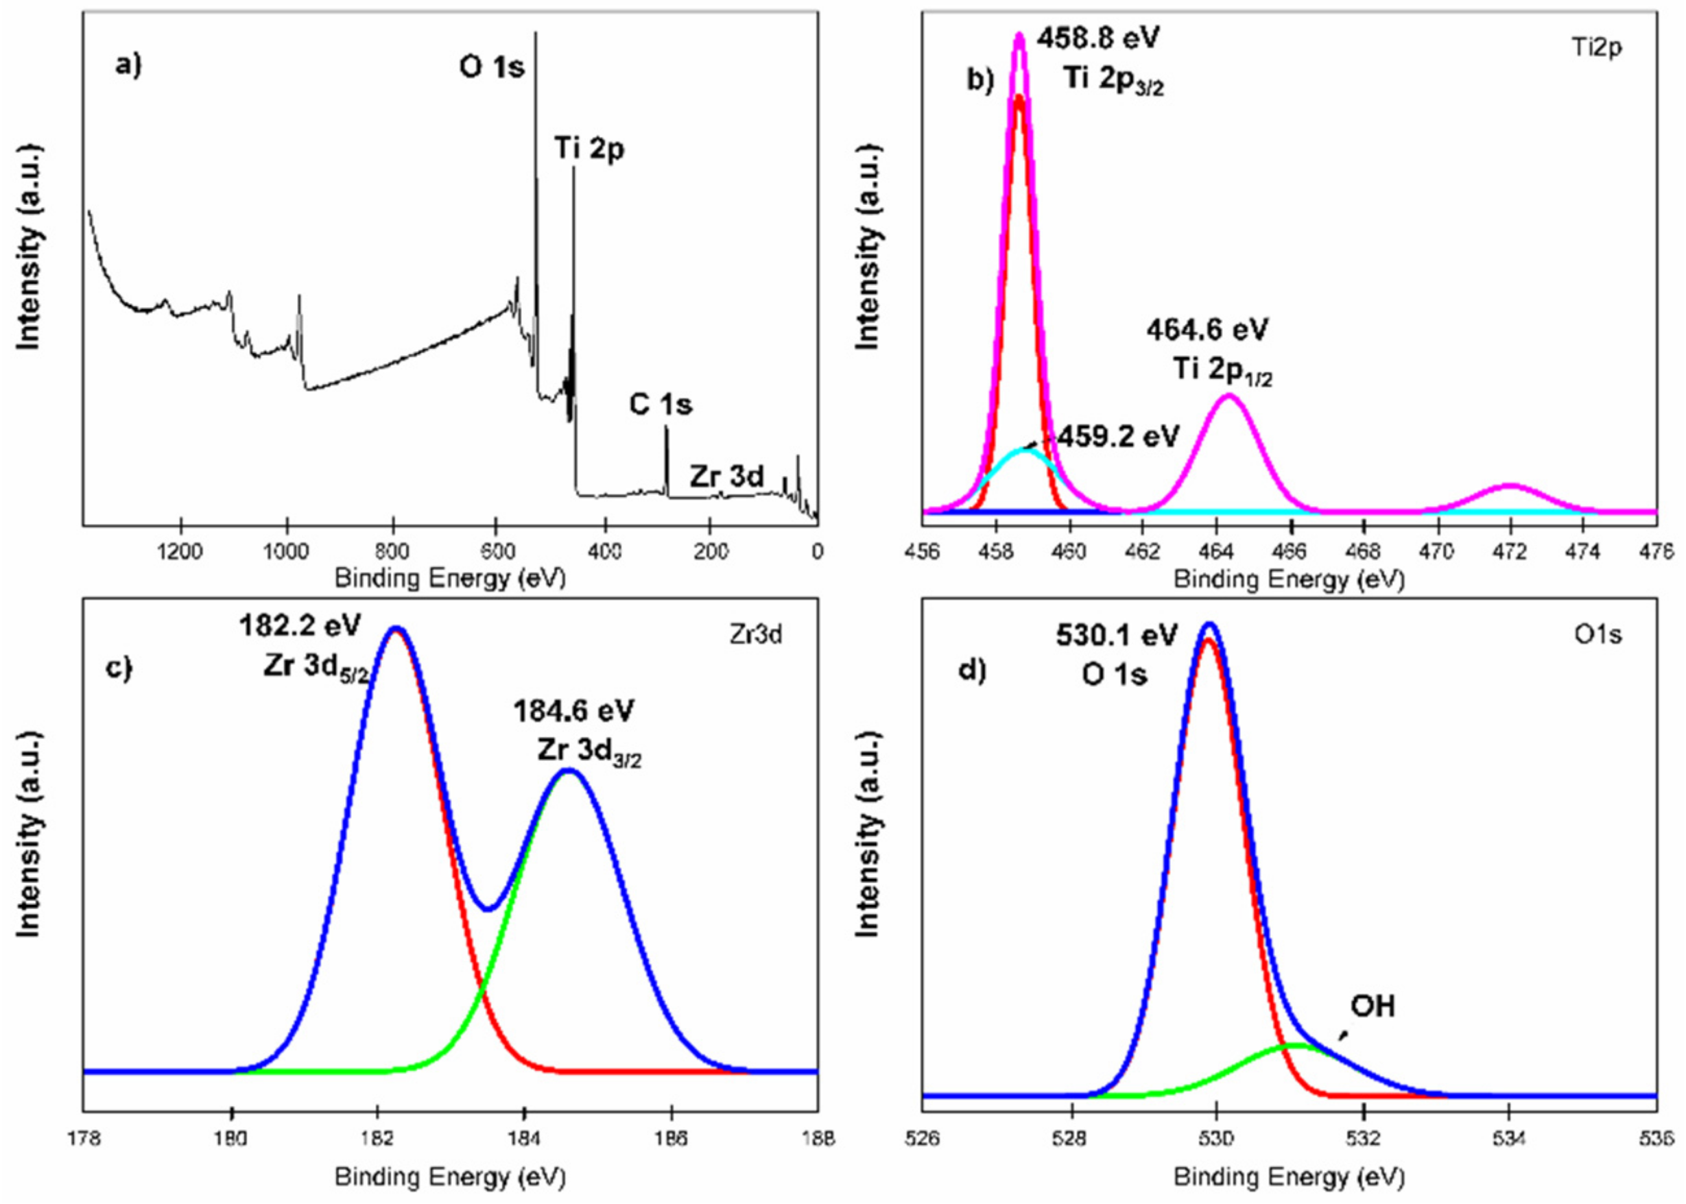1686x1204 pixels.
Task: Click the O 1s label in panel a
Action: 491,68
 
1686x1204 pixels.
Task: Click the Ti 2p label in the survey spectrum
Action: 590,149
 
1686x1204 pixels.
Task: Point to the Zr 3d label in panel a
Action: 726,477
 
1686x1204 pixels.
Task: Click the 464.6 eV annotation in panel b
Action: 1207,329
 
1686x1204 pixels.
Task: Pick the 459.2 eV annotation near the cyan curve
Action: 1118,437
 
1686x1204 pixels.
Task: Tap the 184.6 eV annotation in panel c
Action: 573,712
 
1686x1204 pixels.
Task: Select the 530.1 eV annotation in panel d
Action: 1116,636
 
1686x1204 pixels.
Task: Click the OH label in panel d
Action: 1373,1007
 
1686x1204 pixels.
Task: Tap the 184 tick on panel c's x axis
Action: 525,1138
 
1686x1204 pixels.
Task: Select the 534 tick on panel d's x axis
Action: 1510,1138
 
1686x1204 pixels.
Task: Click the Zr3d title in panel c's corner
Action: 755,636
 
